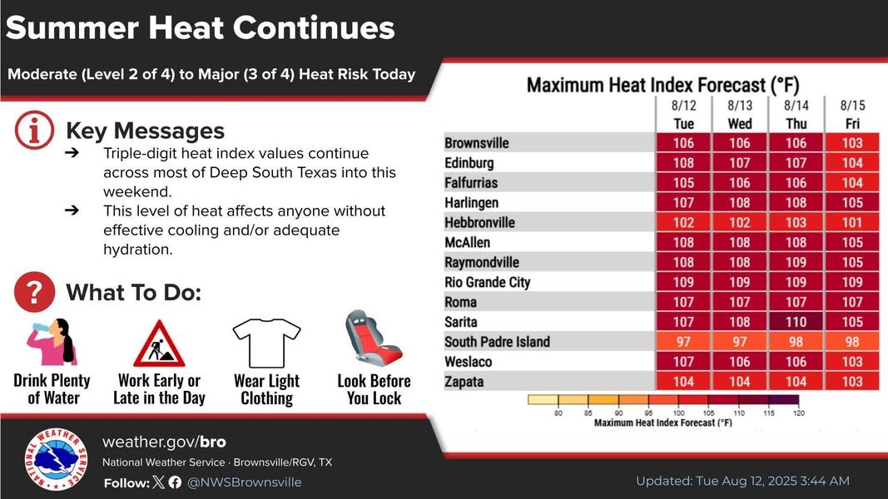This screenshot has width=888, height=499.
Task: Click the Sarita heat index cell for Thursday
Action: [796, 322]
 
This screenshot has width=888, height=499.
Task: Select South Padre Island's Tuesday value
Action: [682, 342]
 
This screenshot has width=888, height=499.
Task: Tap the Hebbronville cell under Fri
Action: [852, 222]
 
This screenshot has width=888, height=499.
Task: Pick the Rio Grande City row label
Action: [487, 282]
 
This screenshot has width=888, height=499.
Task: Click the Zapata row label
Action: [464, 382]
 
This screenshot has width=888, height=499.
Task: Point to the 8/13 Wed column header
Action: [739, 115]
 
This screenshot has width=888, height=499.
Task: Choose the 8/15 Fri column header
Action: [852, 115]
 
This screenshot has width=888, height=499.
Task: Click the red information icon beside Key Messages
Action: [34, 131]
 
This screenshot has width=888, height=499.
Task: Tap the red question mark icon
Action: [34, 293]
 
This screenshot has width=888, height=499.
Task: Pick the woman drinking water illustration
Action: [52, 341]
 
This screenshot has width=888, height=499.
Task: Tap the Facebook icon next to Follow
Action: [175, 482]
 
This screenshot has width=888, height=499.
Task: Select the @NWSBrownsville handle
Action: [245, 482]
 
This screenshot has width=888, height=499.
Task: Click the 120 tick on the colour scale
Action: [798, 413]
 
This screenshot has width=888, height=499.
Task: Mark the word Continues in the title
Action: [314, 28]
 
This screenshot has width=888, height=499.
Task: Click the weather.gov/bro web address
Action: [164, 442]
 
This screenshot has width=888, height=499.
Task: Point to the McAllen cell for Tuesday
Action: [682, 242]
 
